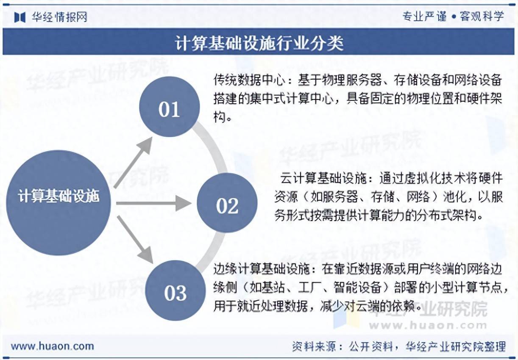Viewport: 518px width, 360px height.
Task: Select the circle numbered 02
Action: [x=227, y=206]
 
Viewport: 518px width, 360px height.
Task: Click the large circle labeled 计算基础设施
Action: [x=58, y=197]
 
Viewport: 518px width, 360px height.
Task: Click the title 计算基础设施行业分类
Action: [x=259, y=43]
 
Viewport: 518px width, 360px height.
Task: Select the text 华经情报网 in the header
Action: [x=59, y=17]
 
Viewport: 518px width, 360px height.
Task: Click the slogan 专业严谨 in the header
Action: [x=424, y=17]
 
